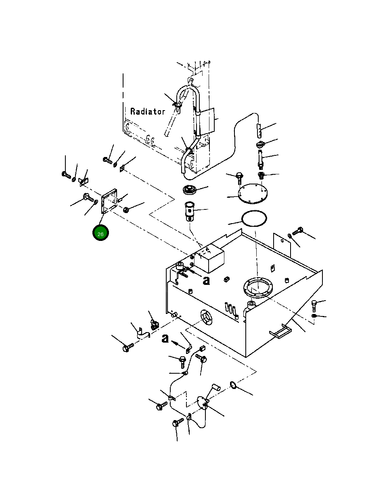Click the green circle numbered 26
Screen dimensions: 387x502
(x=100, y=232)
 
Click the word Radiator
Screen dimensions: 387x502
(x=148, y=111)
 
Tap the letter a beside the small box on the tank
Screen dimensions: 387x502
(x=206, y=280)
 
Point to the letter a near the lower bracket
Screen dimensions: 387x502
(x=165, y=338)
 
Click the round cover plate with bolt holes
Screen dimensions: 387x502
(x=253, y=194)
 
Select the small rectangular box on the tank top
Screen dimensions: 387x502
(x=209, y=258)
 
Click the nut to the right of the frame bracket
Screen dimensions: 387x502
(x=126, y=210)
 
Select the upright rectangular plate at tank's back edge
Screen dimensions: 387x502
(x=282, y=245)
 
